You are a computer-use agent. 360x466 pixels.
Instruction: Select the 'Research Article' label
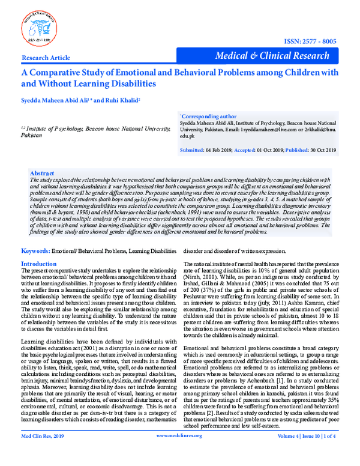[45, 58]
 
